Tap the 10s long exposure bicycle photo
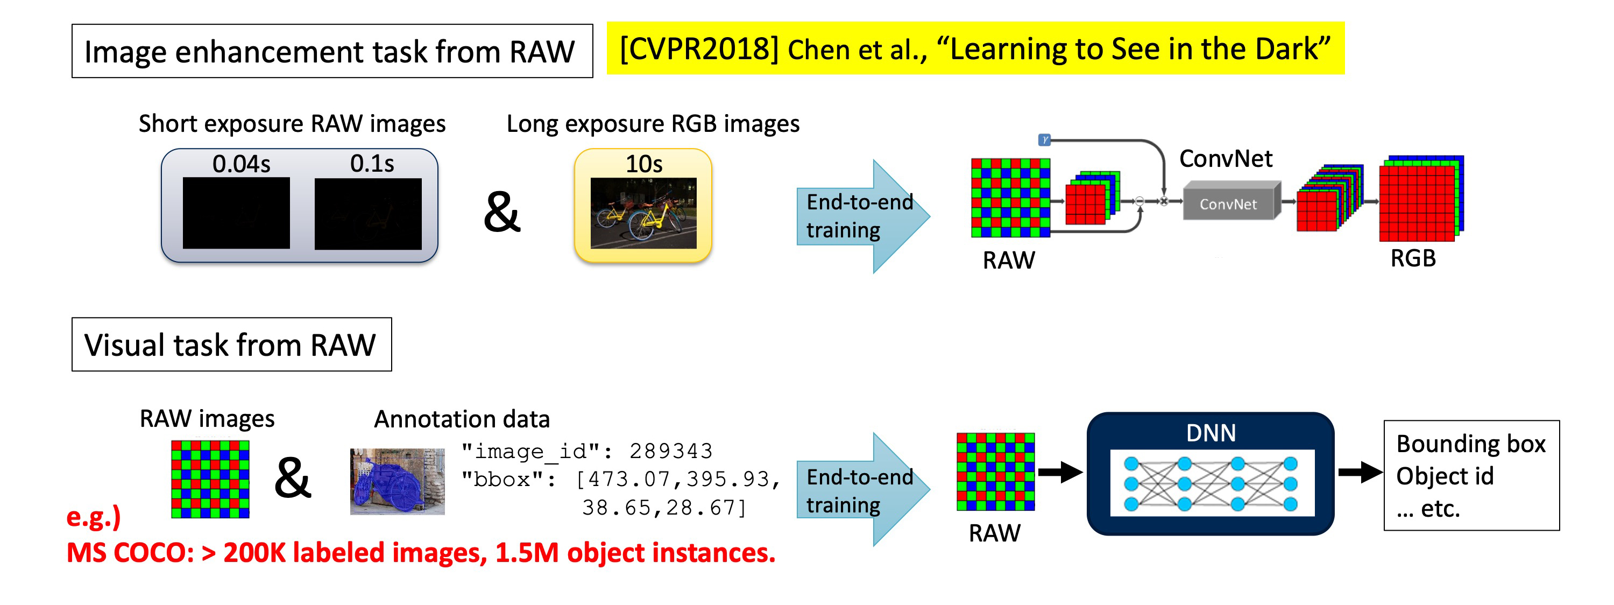point(643,213)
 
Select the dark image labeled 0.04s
point(236,213)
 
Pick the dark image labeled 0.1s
point(368,214)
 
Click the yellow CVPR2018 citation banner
point(974,49)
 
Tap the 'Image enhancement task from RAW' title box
point(331,52)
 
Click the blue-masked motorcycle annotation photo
point(397,482)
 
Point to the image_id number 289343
point(670,451)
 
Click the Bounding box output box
point(1470,475)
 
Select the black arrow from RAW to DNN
point(1059,472)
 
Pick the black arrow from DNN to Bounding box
point(1360,472)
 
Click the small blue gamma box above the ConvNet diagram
point(1044,139)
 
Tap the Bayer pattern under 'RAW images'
point(210,479)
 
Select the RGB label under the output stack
point(1412,258)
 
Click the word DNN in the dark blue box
point(1210,433)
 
